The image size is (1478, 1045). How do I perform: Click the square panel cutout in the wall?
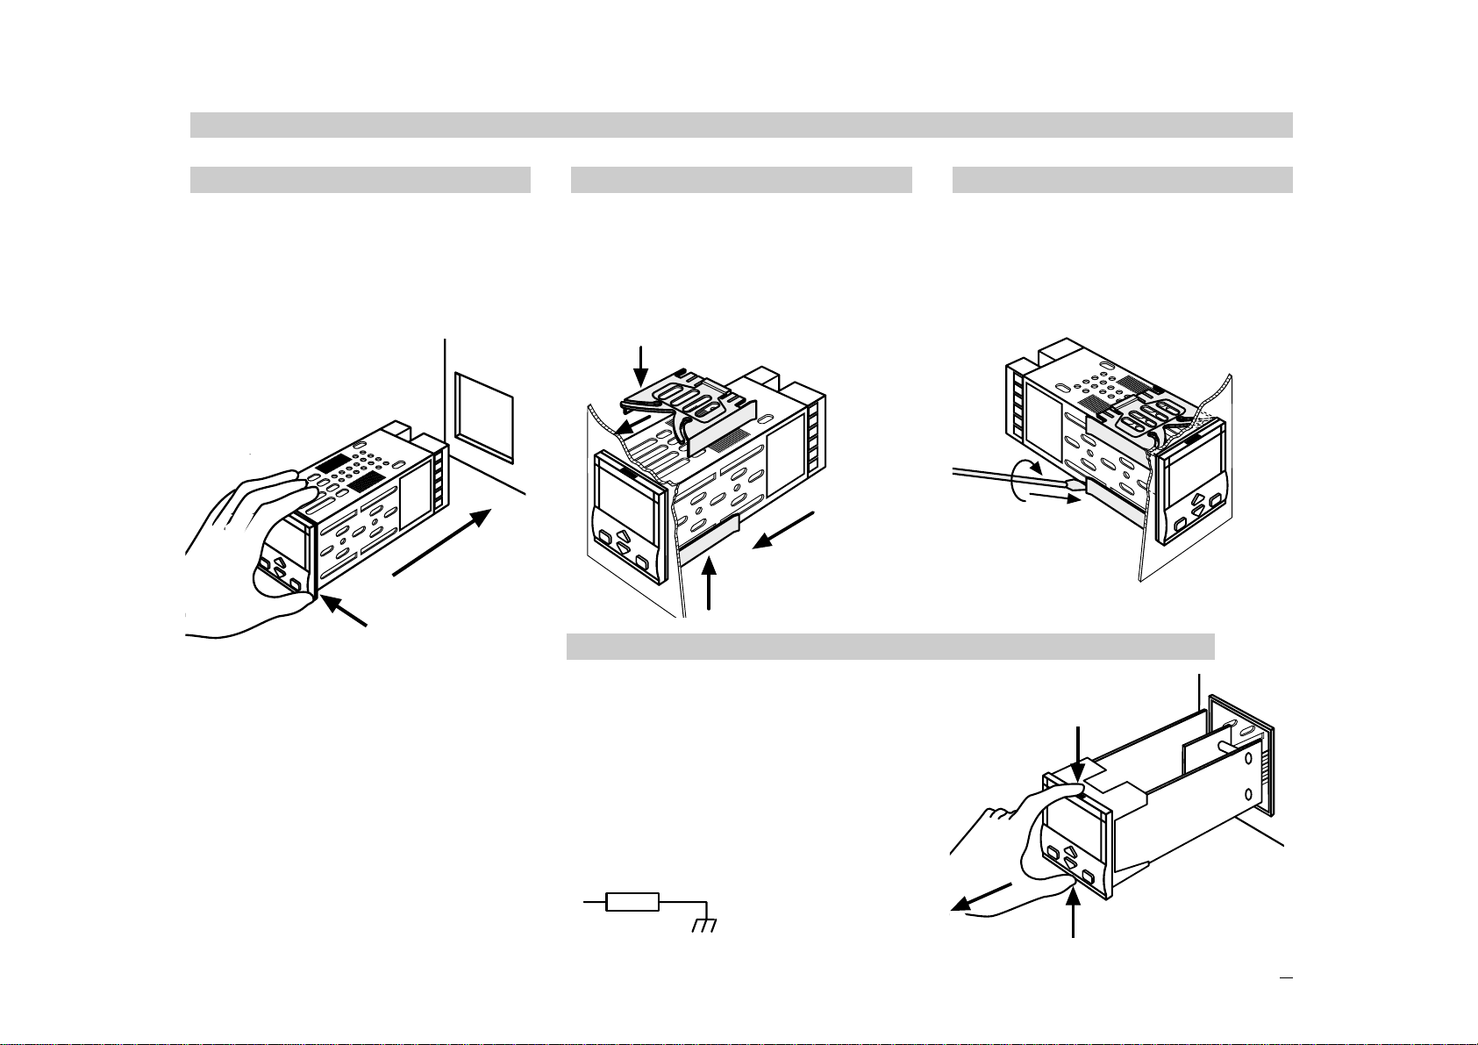[485, 417]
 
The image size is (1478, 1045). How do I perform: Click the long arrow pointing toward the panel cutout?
[438, 544]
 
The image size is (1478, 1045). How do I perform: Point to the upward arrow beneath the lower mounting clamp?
[710, 588]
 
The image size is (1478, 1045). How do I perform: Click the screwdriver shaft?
[1009, 476]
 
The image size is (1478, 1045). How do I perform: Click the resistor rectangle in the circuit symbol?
[632, 901]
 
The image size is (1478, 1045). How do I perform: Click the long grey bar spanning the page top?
[741, 125]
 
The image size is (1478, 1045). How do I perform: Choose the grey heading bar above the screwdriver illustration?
[1122, 179]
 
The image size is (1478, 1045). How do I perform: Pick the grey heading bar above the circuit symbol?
[889, 647]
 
